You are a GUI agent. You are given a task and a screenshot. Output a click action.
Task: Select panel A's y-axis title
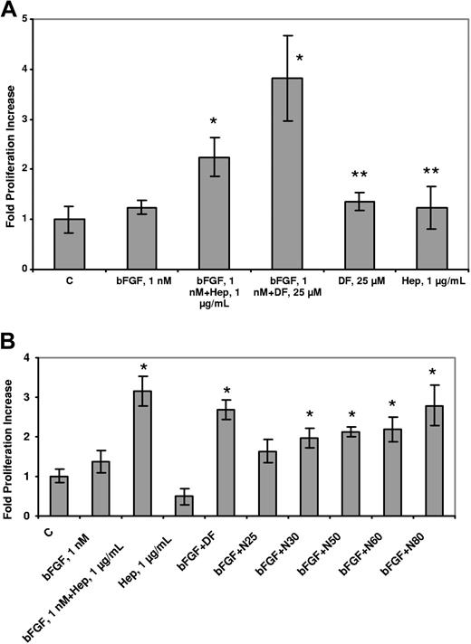click(x=11, y=145)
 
